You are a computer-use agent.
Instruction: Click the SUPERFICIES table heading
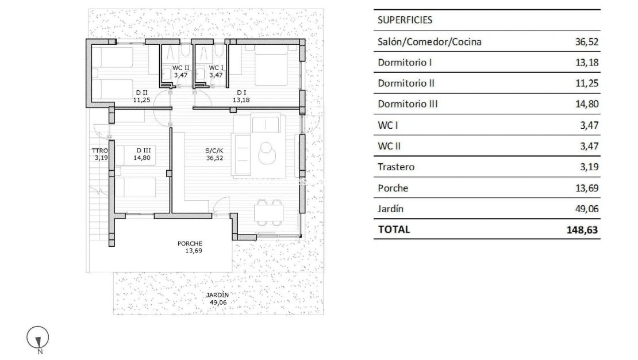pyautogui.click(x=405, y=20)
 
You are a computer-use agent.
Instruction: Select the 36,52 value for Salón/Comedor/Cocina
pyautogui.click(x=586, y=42)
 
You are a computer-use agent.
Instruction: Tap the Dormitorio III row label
pyautogui.click(x=408, y=104)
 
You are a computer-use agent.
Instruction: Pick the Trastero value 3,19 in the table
pyautogui.click(x=589, y=167)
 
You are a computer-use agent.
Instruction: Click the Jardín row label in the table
pyautogui.click(x=390, y=209)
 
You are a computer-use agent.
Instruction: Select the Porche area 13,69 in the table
pyautogui.click(x=586, y=188)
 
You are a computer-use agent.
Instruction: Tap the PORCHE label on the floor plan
pyautogui.click(x=190, y=243)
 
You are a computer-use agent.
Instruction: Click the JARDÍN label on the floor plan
pyautogui.click(x=218, y=295)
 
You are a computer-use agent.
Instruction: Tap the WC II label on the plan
pyautogui.click(x=181, y=68)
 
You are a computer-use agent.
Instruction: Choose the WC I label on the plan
pyautogui.click(x=216, y=68)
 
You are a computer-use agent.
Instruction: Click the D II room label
pyautogui.click(x=141, y=92)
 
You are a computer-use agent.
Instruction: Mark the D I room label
pyautogui.click(x=242, y=92)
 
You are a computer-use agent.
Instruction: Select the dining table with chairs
pyautogui.click(x=268, y=212)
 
